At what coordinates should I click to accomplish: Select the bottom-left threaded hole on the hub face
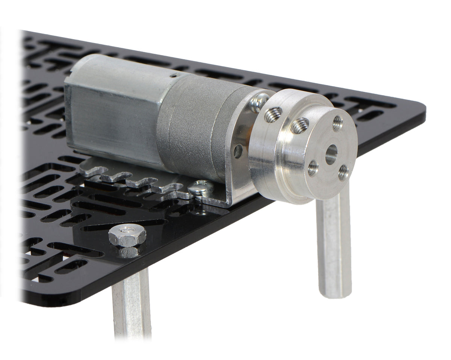(x=313, y=168)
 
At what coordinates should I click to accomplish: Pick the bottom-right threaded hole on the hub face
(x=343, y=172)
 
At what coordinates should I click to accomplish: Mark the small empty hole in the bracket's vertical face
(x=238, y=151)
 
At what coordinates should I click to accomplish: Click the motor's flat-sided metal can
(x=113, y=109)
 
